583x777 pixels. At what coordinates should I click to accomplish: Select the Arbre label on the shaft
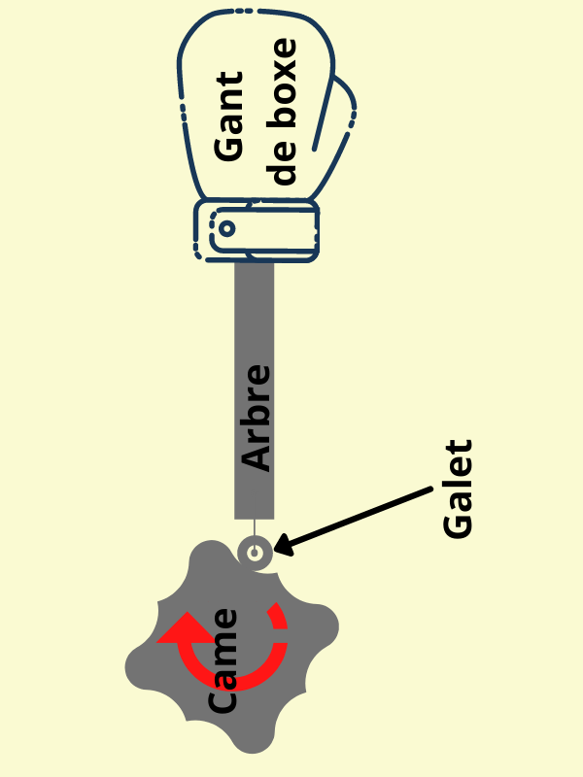point(256,418)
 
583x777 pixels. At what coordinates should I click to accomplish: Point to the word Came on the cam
point(224,660)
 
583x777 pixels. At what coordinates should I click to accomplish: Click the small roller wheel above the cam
point(255,553)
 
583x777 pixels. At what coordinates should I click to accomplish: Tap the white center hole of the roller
point(255,553)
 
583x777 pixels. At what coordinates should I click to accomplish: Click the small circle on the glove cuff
point(225,229)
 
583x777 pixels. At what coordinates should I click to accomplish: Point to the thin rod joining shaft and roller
point(255,527)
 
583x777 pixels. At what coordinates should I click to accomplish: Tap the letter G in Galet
point(457,524)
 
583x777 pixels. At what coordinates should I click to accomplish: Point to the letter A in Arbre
point(256,456)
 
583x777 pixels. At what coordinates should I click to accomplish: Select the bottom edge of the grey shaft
point(255,517)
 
